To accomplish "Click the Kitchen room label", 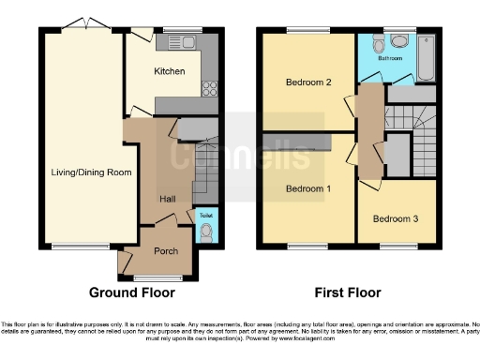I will (x=170, y=71).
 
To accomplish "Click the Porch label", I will (x=166, y=250).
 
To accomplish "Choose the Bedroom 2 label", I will (x=307, y=82).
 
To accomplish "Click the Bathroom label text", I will (x=390, y=58).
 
